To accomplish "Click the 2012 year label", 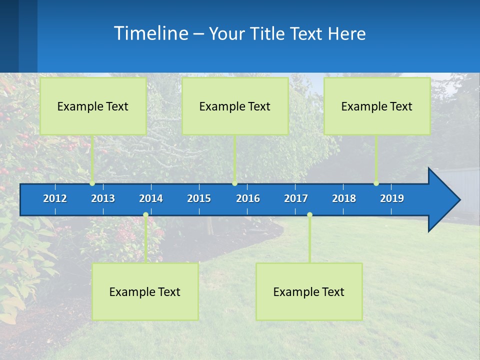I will point(55,198).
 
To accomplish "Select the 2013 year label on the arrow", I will point(103,198).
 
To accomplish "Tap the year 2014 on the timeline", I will point(151,198).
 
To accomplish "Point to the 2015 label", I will point(199,198).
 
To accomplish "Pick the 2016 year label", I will point(248,198).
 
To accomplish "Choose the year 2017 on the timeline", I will point(296,198).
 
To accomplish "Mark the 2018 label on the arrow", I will point(344,198).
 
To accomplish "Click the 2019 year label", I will point(392,198).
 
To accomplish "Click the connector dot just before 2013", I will point(92,183).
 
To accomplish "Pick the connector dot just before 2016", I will point(234,183).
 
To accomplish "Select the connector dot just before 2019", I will point(376,183).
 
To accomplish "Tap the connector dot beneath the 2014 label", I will point(145,215).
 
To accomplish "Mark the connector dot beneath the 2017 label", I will point(309,215).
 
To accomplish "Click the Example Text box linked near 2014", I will point(145,291).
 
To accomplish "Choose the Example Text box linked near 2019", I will point(377,106).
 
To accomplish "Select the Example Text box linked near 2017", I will point(309,291).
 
